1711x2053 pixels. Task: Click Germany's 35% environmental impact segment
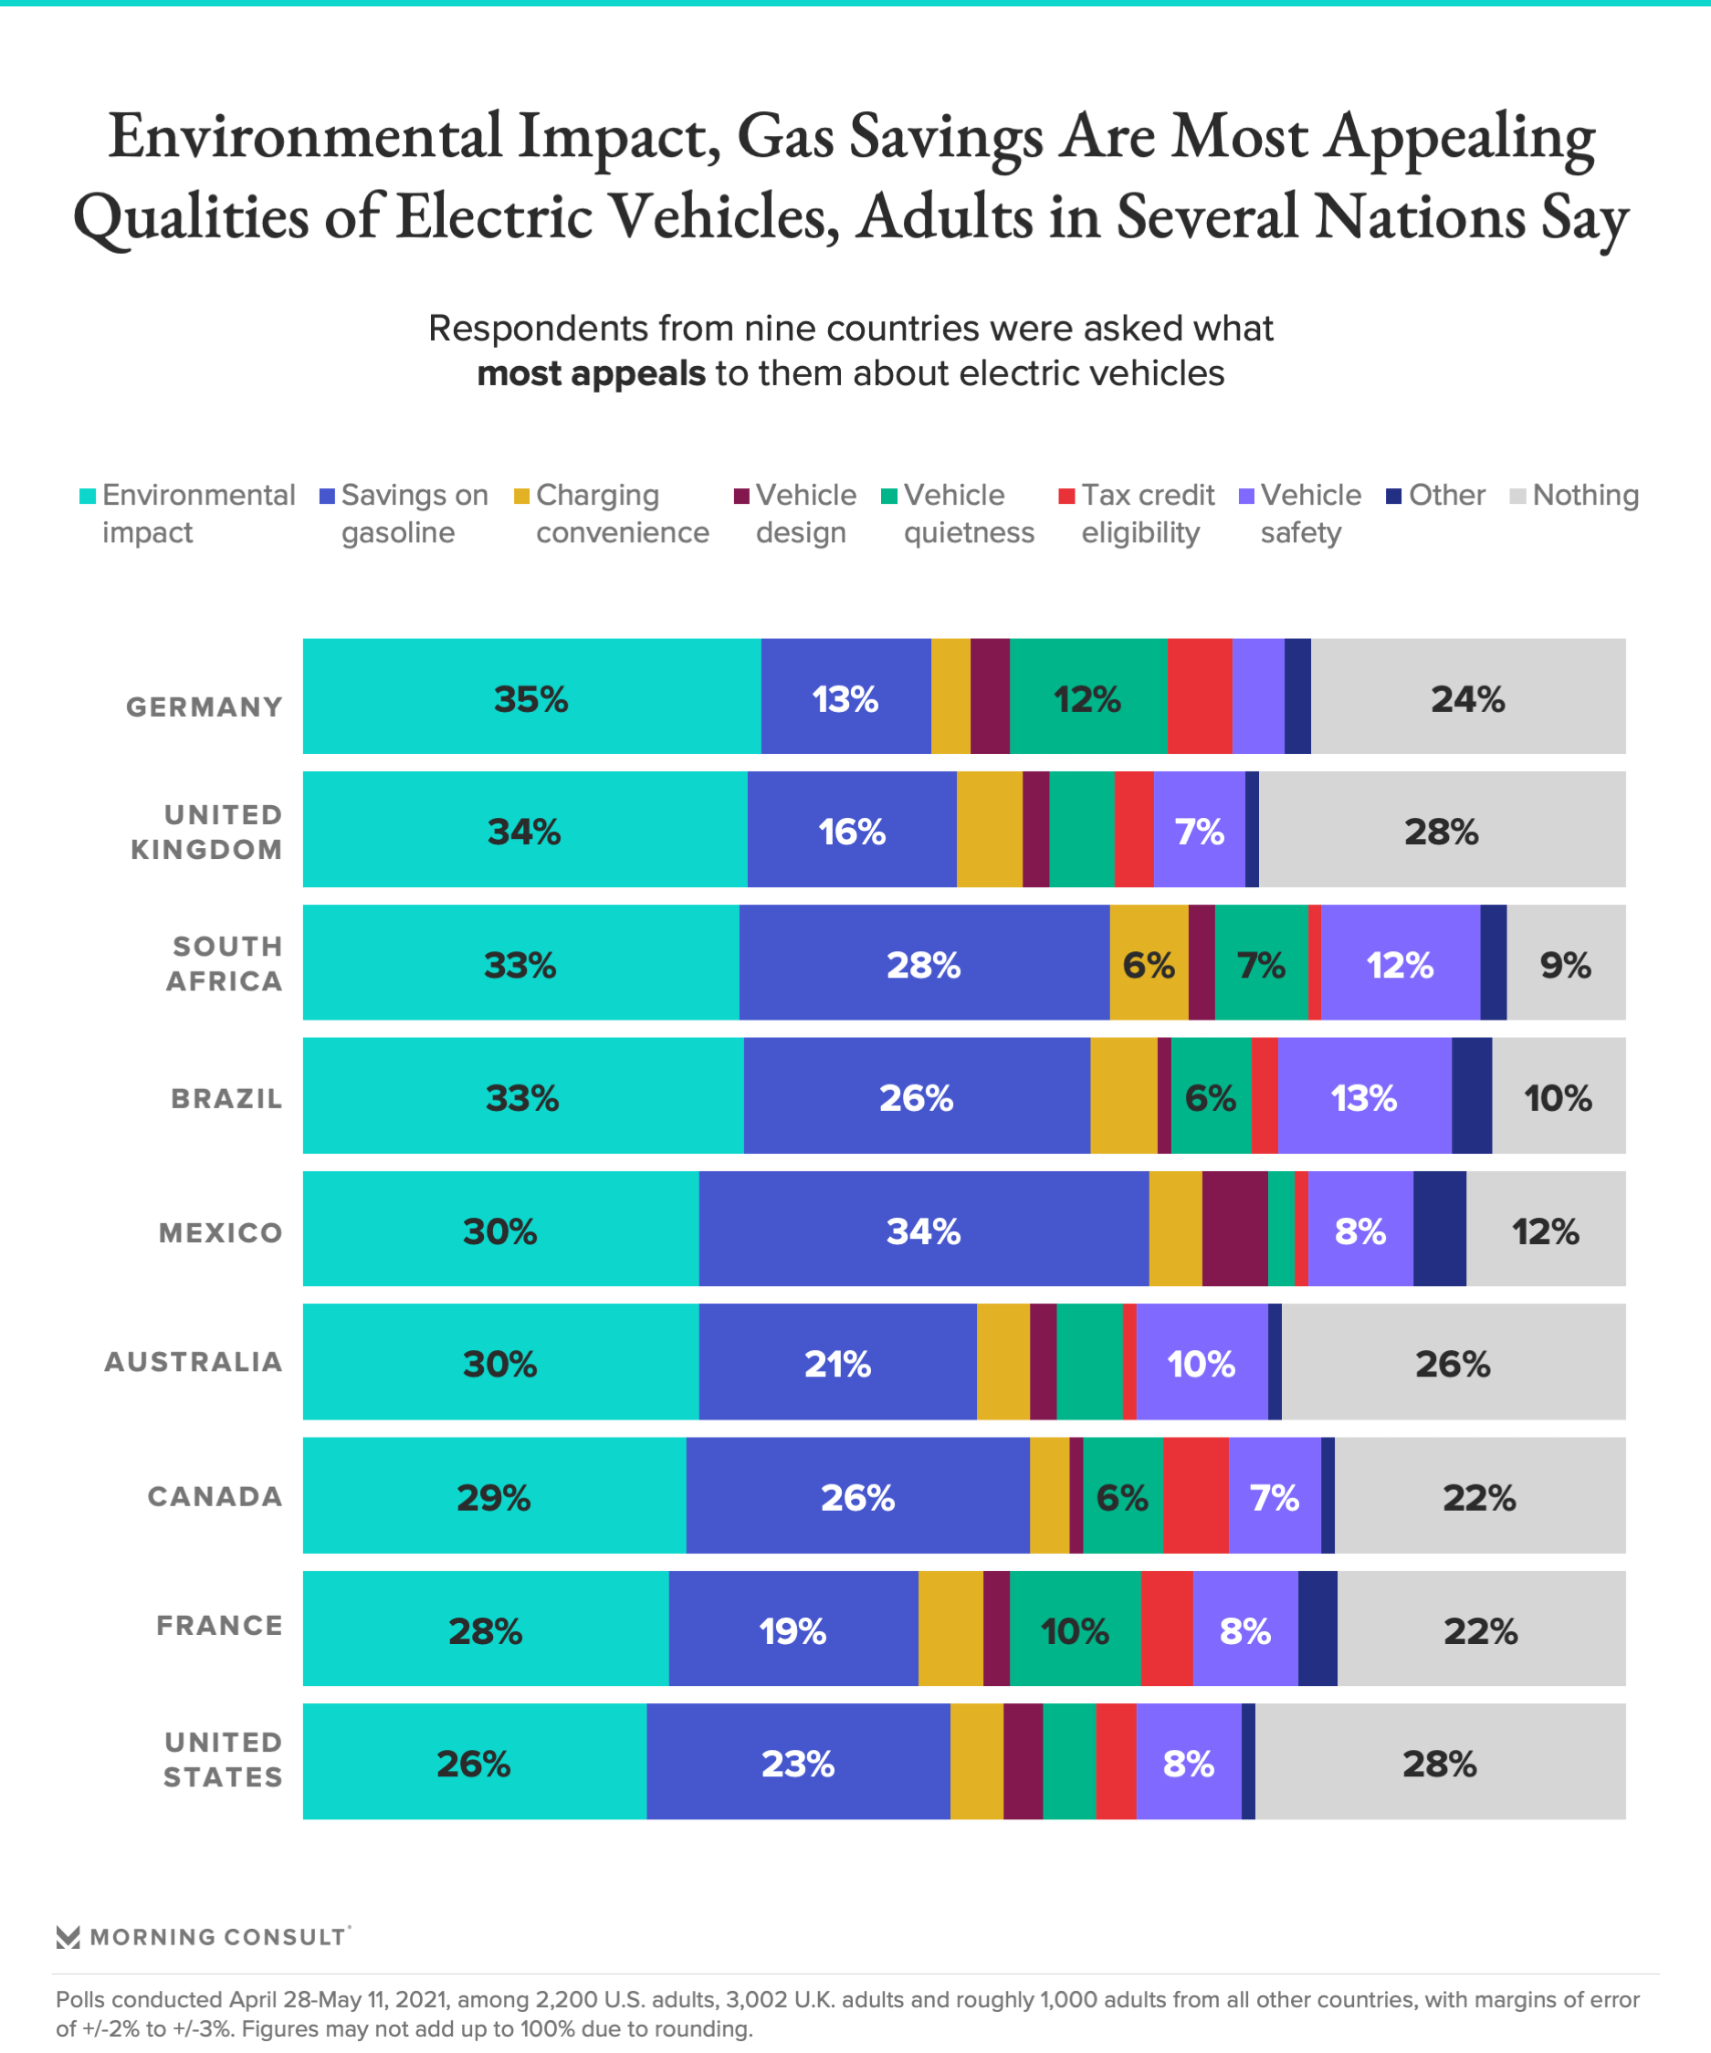tap(530, 697)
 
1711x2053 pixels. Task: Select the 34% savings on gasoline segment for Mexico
tap(923, 1229)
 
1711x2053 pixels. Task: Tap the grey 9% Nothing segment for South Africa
tap(1565, 963)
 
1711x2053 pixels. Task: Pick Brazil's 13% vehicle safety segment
tap(1364, 1096)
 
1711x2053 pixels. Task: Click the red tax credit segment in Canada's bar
tap(1195, 1494)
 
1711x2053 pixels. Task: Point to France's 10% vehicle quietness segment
tap(1075, 1629)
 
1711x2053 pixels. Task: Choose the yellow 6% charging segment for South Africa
tap(1148, 963)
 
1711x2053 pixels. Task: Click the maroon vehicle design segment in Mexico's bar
tap(1233, 1229)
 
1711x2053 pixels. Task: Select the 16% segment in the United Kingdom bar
tap(852, 830)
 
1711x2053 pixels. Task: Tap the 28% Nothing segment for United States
tap(1439, 1762)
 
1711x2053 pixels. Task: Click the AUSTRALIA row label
tap(194, 1362)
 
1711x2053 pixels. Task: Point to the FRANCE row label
tap(220, 1626)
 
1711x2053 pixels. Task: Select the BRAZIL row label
tap(226, 1099)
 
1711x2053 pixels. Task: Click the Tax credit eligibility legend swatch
tap(1066, 497)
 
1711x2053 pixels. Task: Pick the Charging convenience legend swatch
tap(522, 497)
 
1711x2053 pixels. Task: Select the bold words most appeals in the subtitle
tap(591, 373)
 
